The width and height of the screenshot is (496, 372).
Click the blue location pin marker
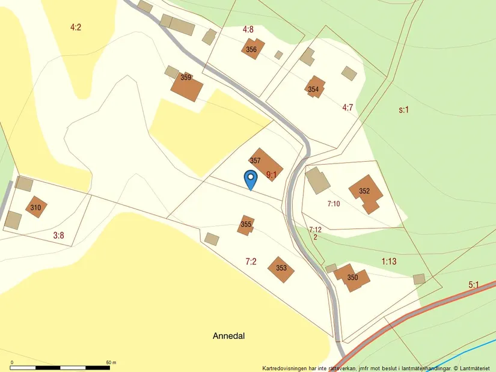click(x=250, y=179)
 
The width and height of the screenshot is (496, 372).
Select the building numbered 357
click(x=265, y=163)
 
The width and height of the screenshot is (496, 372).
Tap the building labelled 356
click(x=251, y=49)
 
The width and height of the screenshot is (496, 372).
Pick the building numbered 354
click(x=314, y=88)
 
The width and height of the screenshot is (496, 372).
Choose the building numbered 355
click(x=246, y=225)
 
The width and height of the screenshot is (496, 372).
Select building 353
click(x=281, y=269)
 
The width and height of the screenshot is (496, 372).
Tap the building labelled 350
click(x=351, y=278)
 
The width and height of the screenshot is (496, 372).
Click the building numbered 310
click(x=36, y=207)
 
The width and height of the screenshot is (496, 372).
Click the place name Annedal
click(x=228, y=336)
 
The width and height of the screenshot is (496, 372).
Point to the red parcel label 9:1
click(x=271, y=175)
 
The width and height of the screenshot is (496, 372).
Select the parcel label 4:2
click(x=75, y=27)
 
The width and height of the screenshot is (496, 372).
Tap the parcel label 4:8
click(x=248, y=29)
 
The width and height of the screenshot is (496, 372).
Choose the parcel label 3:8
click(x=58, y=236)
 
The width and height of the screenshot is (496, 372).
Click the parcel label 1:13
click(x=389, y=261)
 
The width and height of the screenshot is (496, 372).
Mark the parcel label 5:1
click(x=474, y=285)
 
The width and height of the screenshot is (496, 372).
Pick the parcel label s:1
click(x=403, y=110)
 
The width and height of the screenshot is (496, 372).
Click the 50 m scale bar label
click(x=111, y=362)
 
